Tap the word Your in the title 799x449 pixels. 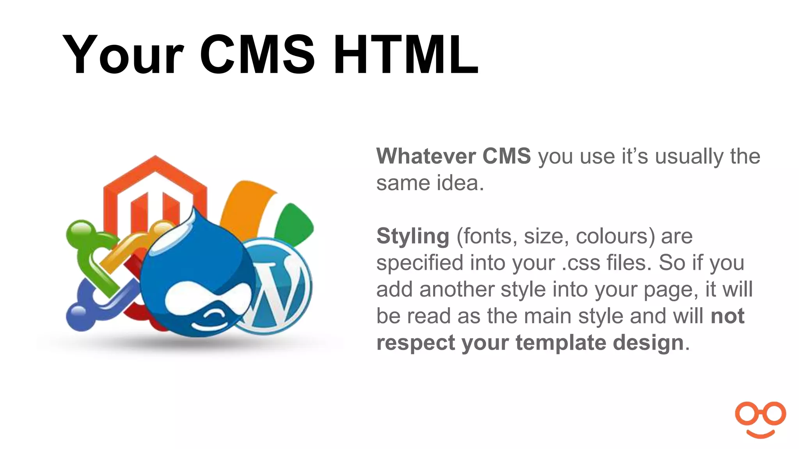coord(123,55)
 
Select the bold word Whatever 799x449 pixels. coord(425,156)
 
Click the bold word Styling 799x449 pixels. coord(413,237)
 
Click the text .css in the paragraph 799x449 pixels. coord(581,263)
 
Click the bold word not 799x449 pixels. coord(727,316)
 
